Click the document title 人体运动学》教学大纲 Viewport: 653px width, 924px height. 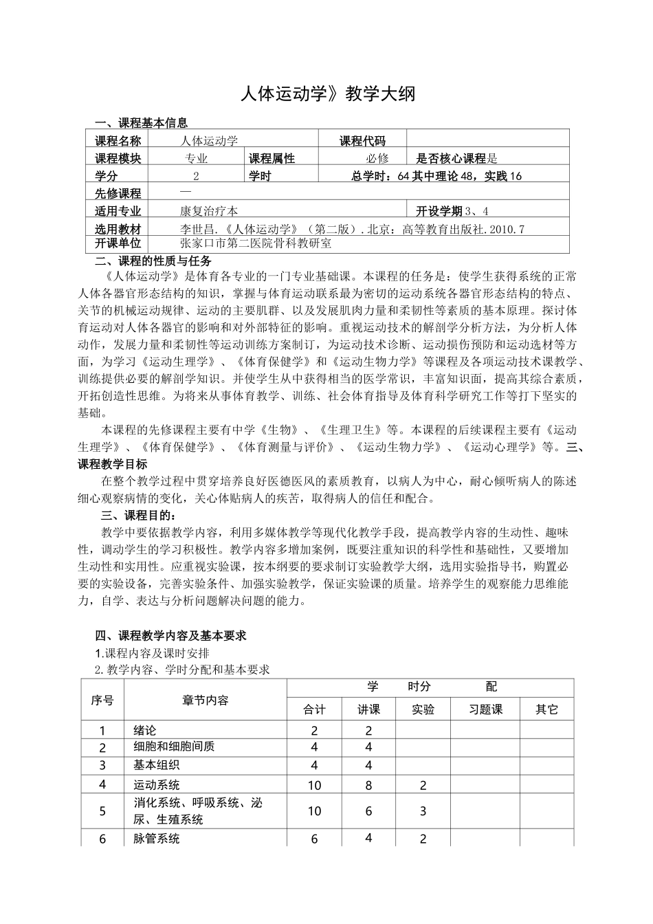(x=328, y=94)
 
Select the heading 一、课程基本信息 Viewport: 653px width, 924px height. (x=141, y=123)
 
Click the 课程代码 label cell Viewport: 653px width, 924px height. (x=362, y=140)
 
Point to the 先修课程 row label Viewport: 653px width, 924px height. (x=118, y=193)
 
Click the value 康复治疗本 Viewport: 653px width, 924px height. (x=209, y=211)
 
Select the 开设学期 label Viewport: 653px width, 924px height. (x=440, y=211)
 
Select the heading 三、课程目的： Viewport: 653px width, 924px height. (x=138, y=515)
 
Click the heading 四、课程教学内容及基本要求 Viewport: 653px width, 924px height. (x=170, y=636)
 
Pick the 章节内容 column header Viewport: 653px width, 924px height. (x=206, y=700)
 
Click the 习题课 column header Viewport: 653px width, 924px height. (x=485, y=709)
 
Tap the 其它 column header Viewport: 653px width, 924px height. (x=546, y=709)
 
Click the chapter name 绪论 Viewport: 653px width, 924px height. (x=145, y=730)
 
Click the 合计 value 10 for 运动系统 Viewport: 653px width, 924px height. (x=314, y=785)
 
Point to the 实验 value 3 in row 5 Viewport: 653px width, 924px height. (x=423, y=811)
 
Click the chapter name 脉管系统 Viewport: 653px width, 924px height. (x=156, y=838)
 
